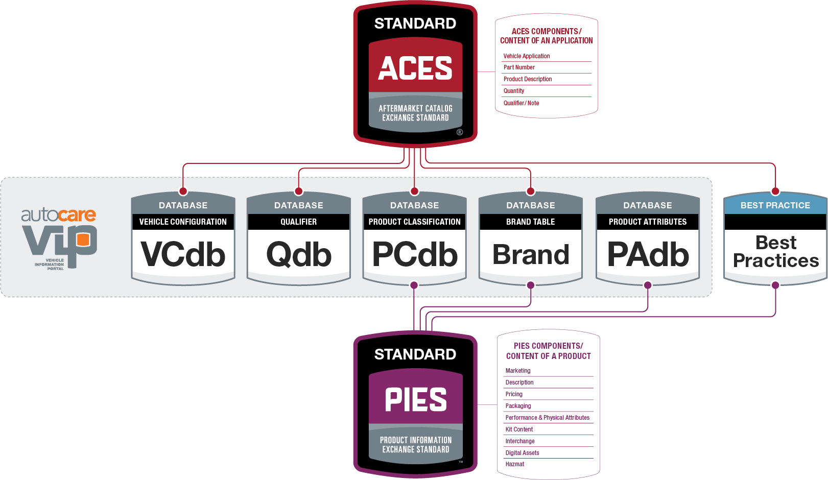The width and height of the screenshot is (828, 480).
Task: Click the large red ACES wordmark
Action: (x=415, y=68)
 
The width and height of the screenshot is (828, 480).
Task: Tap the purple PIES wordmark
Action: (x=415, y=399)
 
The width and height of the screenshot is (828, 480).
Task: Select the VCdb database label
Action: (x=183, y=254)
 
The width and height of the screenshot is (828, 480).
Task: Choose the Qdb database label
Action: (x=299, y=254)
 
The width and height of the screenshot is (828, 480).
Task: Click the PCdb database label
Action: (x=415, y=254)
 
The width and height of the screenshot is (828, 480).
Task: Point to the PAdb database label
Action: (x=648, y=254)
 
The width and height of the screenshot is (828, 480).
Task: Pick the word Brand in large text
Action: (x=531, y=254)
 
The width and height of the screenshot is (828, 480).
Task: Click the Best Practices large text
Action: (x=775, y=252)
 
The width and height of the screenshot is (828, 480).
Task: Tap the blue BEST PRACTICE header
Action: (x=775, y=205)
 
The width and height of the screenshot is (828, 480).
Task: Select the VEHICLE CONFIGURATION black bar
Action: (x=183, y=222)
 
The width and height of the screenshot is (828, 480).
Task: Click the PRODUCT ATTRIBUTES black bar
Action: (x=648, y=222)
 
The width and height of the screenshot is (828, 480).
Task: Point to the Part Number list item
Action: (x=519, y=67)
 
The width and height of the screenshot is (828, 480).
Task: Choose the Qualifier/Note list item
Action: (x=521, y=103)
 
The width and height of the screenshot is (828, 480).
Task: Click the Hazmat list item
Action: (x=515, y=464)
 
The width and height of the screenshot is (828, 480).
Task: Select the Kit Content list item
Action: (x=519, y=429)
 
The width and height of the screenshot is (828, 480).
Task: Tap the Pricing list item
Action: (x=514, y=394)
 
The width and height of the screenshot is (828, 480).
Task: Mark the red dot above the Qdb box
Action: (x=299, y=191)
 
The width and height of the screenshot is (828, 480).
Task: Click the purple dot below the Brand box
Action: (x=531, y=285)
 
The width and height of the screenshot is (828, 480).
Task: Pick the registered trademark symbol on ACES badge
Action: (x=460, y=132)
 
